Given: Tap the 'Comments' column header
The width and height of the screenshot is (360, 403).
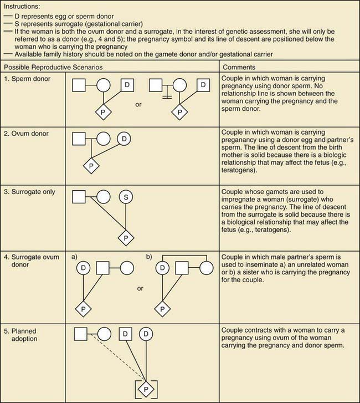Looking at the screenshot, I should tap(240, 67).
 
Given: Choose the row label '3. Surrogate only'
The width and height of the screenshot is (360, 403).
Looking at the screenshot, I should tap(30, 191).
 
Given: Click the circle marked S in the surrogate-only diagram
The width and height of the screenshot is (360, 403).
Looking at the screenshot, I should tap(126, 196).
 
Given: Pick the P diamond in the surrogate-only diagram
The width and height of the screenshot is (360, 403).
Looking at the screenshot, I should tap(126, 238).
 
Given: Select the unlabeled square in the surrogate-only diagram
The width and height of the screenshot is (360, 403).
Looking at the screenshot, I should tap(79, 196).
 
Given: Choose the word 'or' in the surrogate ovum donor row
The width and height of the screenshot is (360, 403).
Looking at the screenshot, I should tap(140, 289).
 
